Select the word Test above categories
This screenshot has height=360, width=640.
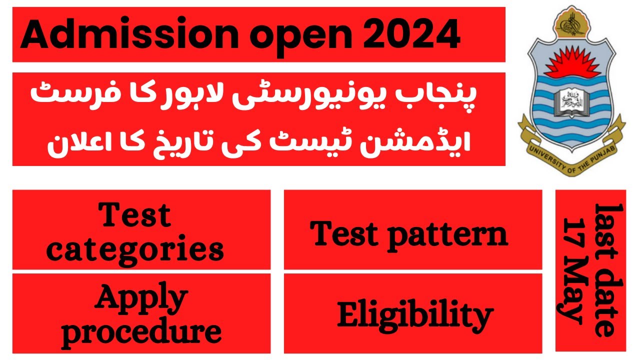[x=135, y=216]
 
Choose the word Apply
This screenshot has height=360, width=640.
[x=141, y=298]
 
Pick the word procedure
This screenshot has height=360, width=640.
[x=141, y=330]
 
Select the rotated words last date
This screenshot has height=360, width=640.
[x=605, y=270]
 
